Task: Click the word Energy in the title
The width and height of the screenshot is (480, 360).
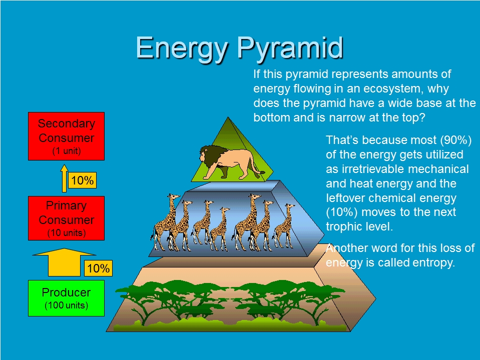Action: (x=182, y=49)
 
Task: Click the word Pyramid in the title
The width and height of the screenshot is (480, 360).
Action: (x=290, y=49)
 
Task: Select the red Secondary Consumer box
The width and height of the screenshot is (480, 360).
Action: (x=66, y=136)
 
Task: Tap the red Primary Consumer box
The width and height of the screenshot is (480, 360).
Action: (x=66, y=218)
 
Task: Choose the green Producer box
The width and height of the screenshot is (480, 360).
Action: (x=66, y=298)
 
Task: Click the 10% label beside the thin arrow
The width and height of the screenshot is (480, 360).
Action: (x=83, y=180)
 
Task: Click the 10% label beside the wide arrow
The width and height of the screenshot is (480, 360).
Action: (x=98, y=268)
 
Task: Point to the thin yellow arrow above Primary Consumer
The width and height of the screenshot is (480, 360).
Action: (x=64, y=178)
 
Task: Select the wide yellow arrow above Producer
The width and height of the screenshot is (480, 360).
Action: (x=64, y=262)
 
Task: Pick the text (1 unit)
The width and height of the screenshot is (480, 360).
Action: (x=67, y=151)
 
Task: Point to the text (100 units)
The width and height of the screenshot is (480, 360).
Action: (x=67, y=305)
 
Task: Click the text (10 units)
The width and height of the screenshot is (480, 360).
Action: (x=67, y=233)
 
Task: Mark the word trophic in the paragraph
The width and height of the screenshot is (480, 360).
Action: (x=344, y=227)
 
